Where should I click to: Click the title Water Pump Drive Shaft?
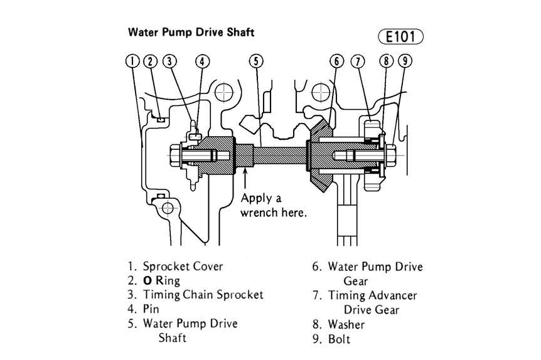(191, 31)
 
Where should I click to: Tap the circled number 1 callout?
(132, 61)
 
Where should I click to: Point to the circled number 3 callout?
(169, 61)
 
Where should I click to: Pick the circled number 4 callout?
(202, 61)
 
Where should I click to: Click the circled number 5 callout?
(255, 61)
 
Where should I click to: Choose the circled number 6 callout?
(337, 61)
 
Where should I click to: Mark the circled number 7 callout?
(358, 61)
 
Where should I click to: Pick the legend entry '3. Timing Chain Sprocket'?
(195, 294)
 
